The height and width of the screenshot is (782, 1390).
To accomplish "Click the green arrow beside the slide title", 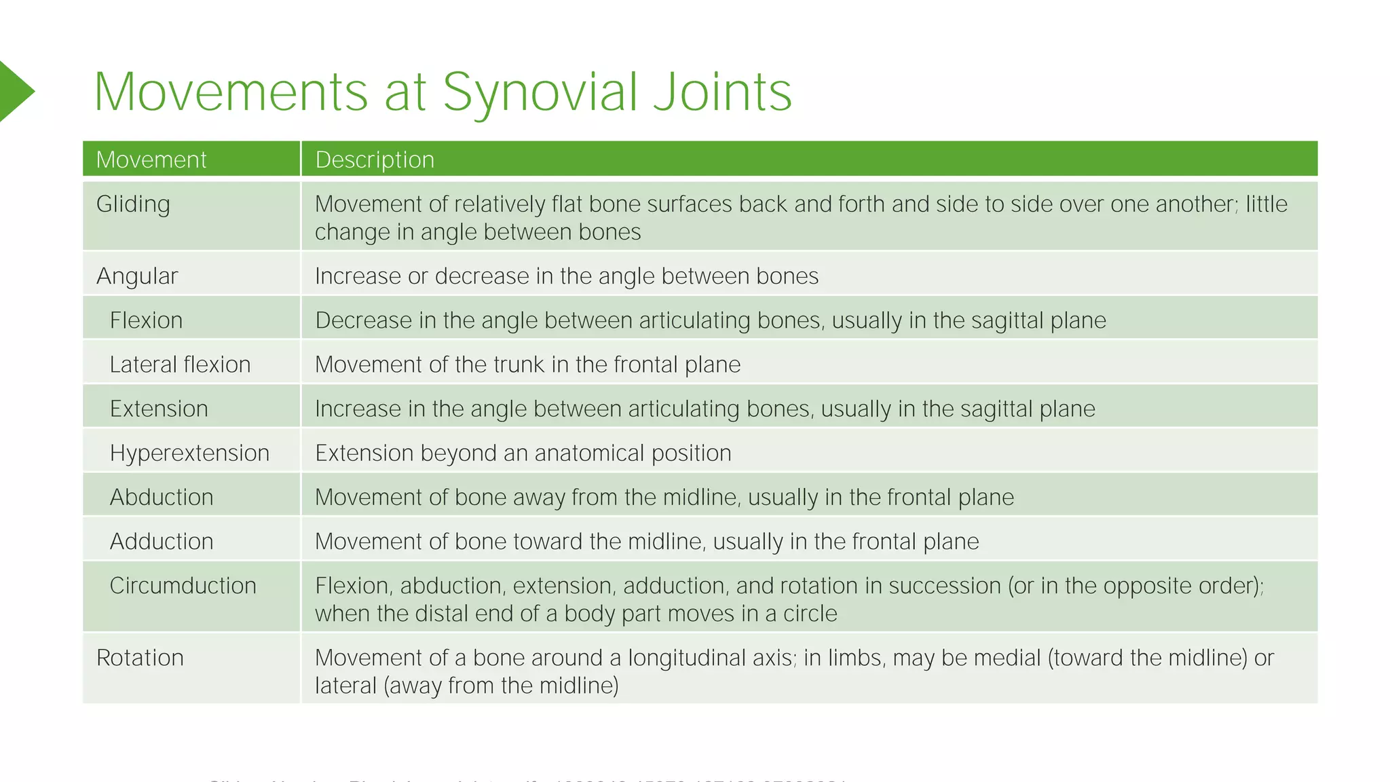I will coord(15,92).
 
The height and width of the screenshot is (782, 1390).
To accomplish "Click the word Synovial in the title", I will coord(540,93).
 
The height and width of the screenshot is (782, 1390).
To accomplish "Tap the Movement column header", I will coord(151,160).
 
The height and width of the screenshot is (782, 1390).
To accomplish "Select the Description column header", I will coord(375,160).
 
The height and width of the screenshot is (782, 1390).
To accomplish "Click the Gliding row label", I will coord(133,204).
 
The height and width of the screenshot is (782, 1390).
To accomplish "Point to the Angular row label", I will coord(137,276).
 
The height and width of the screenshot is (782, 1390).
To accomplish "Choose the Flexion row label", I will coord(146,320).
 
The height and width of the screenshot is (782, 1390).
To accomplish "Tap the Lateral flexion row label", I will coord(180,365).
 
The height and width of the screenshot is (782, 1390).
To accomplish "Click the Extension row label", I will coord(159,409).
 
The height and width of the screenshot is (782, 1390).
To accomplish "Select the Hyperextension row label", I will coord(189,453).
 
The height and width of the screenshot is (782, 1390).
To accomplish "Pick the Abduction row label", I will coord(162,497).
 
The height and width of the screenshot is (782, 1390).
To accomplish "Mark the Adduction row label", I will coord(162,541).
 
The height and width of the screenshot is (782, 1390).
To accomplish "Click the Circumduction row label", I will coord(183,585).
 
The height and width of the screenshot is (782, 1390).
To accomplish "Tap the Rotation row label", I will coord(140,658).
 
